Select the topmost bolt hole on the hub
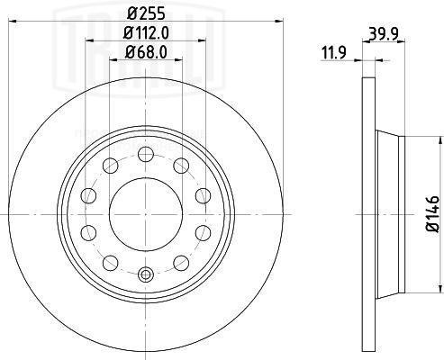144,152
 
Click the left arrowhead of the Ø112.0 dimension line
88,41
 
